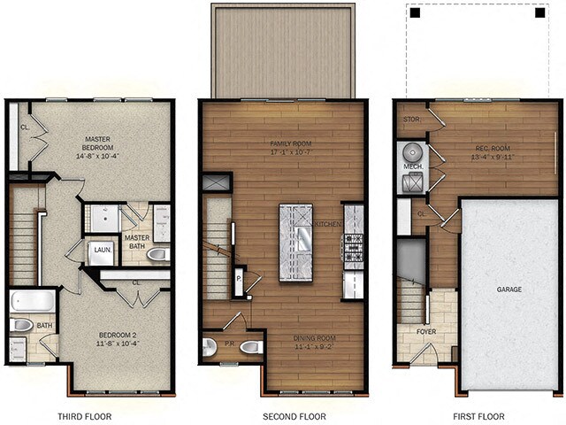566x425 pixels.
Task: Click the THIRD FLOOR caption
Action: (85, 416)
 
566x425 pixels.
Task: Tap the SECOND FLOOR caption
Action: (294, 416)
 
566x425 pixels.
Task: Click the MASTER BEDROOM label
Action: (103, 144)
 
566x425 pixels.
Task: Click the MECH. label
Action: (412, 166)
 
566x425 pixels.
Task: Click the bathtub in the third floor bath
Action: (33, 300)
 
